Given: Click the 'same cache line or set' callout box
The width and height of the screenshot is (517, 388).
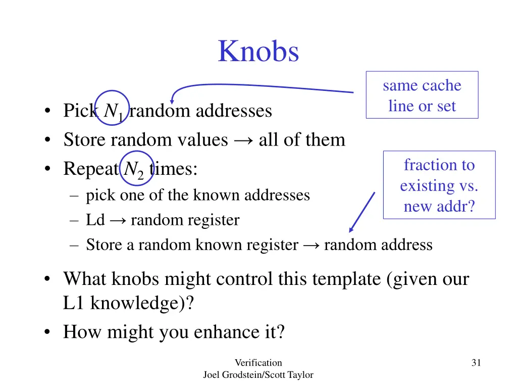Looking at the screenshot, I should [x=422, y=95].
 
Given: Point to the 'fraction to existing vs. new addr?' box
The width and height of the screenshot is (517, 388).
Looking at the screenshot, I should [x=439, y=185].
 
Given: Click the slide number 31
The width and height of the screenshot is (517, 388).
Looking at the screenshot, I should [x=476, y=362].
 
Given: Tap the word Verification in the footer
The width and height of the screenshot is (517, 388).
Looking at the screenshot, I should [x=258, y=362].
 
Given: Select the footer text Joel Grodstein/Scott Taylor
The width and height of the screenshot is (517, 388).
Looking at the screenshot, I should [x=258, y=375].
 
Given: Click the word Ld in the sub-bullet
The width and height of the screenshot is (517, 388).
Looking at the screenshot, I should [x=95, y=220].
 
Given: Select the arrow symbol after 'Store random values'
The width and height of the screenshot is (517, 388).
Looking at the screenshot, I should [x=244, y=140].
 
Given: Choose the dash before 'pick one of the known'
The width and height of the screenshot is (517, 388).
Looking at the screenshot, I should [x=75, y=196].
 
